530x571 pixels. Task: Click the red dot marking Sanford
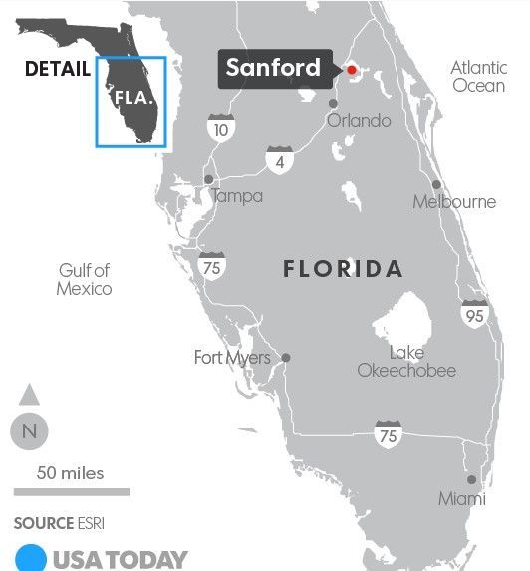point(351,69)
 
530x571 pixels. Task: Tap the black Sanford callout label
point(274,68)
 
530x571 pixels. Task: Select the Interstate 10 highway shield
point(221,128)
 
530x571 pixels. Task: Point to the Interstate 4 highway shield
point(280,160)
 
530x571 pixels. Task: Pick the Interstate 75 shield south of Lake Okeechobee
point(389,433)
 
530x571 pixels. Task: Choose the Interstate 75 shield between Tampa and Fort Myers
point(211,265)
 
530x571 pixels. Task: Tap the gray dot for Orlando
point(334,101)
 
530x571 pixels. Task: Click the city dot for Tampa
point(208,179)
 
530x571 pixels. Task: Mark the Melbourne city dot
point(436,185)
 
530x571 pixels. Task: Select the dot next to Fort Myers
point(286,357)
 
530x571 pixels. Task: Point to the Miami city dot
point(471,479)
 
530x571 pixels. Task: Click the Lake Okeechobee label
point(407,362)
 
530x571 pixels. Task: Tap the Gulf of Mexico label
point(85,279)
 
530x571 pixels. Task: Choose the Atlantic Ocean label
point(478,77)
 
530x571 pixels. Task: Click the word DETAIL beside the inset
point(58,69)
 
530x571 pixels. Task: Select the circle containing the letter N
point(29,431)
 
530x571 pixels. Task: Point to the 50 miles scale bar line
point(71,491)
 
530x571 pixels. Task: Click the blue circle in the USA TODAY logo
point(31,559)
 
